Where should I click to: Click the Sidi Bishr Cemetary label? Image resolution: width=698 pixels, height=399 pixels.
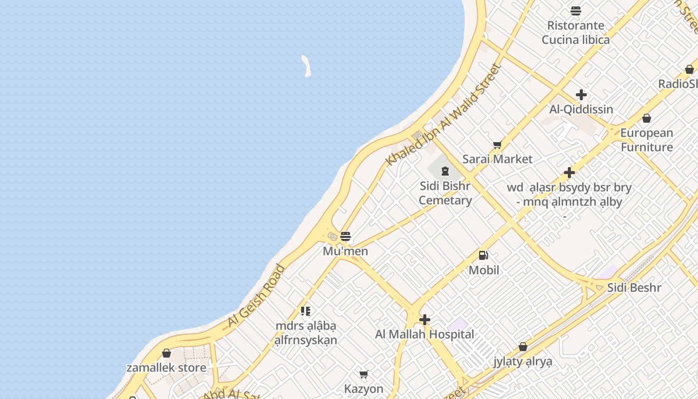tap(445, 193)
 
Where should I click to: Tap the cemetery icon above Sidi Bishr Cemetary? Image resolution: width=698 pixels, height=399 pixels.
tap(445, 172)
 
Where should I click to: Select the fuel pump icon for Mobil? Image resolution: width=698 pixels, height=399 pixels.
tap(483, 255)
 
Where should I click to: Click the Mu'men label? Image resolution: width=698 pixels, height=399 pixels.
tap(346, 251)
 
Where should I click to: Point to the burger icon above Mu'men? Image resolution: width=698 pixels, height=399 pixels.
tap(346, 236)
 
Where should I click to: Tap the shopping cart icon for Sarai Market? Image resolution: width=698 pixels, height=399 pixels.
tap(497, 145)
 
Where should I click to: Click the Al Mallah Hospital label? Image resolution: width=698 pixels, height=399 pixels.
tap(425, 334)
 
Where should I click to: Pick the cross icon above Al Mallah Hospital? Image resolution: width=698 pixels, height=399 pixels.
tap(425, 320)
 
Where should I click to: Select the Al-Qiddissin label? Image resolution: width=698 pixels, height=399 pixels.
tap(581, 109)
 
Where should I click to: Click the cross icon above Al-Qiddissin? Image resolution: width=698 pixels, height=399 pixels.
tap(581, 95)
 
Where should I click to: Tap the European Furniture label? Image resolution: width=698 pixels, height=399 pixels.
tap(647, 140)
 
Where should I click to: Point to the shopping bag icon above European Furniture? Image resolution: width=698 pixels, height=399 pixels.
tap(647, 118)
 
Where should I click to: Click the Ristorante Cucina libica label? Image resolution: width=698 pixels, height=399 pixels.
tap(576, 32)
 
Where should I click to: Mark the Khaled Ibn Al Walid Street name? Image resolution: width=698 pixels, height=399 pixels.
tap(443, 115)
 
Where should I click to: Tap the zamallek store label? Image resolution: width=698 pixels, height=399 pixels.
tap(167, 368)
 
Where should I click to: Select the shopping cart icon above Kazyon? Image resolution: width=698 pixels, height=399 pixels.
tap(364, 374)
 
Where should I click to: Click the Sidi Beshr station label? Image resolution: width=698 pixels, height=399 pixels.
tap(634, 288)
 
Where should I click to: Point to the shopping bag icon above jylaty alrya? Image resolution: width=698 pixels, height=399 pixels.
tap(523, 347)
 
